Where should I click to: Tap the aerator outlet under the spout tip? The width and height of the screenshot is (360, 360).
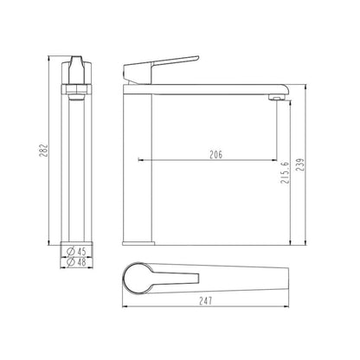pyautogui.click(x=277, y=100)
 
